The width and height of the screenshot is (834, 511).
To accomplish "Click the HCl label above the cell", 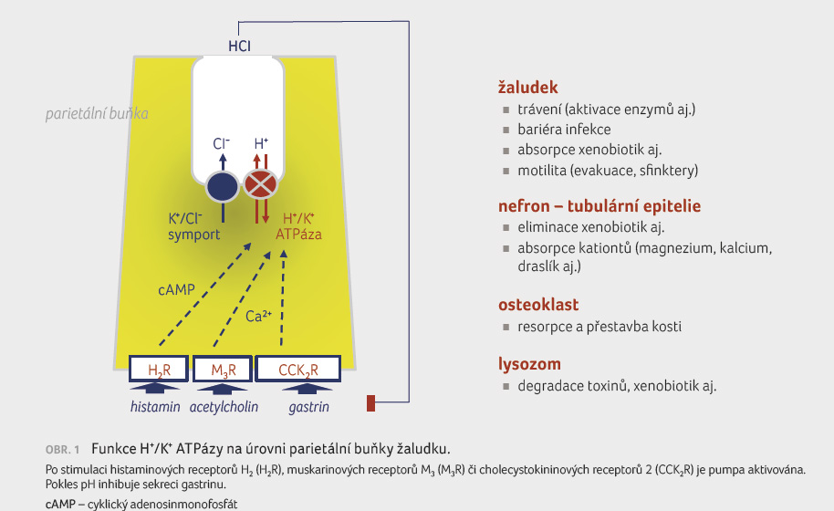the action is pyautogui.click(x=239, y=47).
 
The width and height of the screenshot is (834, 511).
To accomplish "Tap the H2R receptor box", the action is pyautogui.click(x=159, y=369).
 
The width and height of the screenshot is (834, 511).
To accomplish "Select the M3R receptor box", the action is pyautogui.click(x=223, y=369).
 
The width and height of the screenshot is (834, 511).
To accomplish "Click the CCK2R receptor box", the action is pyautogui.click(x=297, y=369).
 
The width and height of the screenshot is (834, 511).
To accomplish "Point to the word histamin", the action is pyautogui.click(x=155, y=407).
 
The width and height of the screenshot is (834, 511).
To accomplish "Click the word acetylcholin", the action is pyautogui.click(x=224, y=407).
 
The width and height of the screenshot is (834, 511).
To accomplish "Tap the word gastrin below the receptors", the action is pyautogui.click(x=309, y=407).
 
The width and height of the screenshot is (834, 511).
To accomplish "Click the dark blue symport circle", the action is pyautogui.click(x=223, y=187).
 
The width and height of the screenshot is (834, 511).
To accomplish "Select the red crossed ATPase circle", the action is pyautogui.click(x=260, y=184).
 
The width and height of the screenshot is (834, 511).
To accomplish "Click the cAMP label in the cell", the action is pyautogui.click(x=177, y=290).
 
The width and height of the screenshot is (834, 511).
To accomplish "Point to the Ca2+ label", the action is pyautogui.click(x=258, y=317).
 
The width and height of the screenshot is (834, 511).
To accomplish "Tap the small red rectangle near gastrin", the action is pyautogui.click(x=370, y=403).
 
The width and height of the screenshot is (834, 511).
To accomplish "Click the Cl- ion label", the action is pyautogui.click(x=221, y=143).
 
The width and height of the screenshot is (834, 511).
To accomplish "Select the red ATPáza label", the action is pyautogui.click(x=298, y=235).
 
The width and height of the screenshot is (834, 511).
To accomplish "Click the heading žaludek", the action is pyautogui.click(x=527, y=88).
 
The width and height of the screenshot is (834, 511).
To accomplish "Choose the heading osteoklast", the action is pyautogui.click(x=538, y=305).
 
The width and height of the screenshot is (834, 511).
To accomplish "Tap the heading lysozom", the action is pyautogui.click(x=529, y=364).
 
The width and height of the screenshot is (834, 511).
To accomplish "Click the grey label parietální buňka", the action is pyautogui.click(x=97, y=114).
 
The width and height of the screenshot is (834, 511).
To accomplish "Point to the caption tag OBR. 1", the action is pyautogui.click(x=62, y=450).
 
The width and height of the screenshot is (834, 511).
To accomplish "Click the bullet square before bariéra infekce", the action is pyautogui.click(x=506, y=130).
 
